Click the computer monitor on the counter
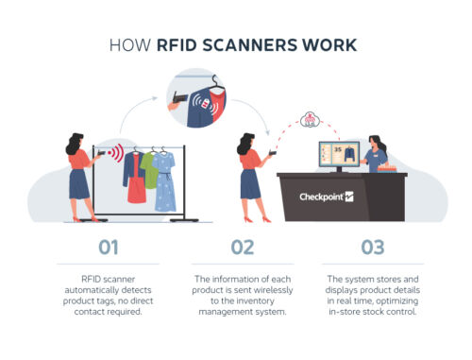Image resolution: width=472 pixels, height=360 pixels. tap(337, 157)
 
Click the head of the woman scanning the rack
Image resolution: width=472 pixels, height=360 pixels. tap(75, 143)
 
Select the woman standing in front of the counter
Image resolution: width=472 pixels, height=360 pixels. tap(249, 175)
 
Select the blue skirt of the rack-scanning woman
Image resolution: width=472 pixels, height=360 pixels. tap(79, 183)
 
